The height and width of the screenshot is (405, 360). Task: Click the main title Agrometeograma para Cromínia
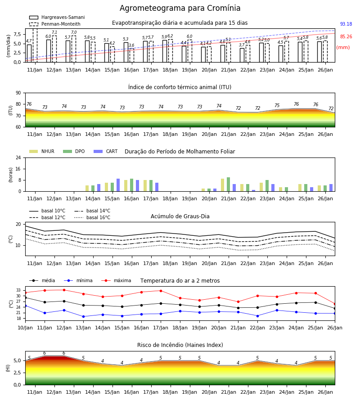coord(180,8)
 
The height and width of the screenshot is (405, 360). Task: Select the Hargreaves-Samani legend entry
coord(57,17)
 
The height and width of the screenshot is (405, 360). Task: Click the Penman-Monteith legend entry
coord(55,24)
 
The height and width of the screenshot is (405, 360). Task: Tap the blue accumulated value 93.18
coord(346,24)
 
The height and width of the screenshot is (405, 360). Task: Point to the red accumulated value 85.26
coord(346,37)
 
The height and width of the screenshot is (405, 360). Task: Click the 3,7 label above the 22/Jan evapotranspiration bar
coord(242,45)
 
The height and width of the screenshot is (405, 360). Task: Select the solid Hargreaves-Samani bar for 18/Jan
coord(165,51)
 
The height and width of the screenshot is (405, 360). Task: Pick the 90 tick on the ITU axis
coord(18,93)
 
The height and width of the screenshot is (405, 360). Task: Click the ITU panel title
coord(180,87)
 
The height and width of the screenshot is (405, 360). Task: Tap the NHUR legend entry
coord(42,151)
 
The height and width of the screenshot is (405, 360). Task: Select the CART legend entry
coord(106,151)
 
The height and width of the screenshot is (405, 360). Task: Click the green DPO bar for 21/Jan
coord(228,184)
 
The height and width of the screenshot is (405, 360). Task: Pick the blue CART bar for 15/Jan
coord(118,185)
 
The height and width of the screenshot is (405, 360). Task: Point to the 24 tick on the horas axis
coord(18,157)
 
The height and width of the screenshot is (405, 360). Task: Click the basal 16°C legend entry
coord(92,217)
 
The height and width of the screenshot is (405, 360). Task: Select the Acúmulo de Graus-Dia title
coord(180,216)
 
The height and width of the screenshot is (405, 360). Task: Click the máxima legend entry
coord(117,280)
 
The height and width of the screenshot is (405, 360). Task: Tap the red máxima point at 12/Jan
coord(64,290)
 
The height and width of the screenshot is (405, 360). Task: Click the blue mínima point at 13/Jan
coord(83,316)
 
